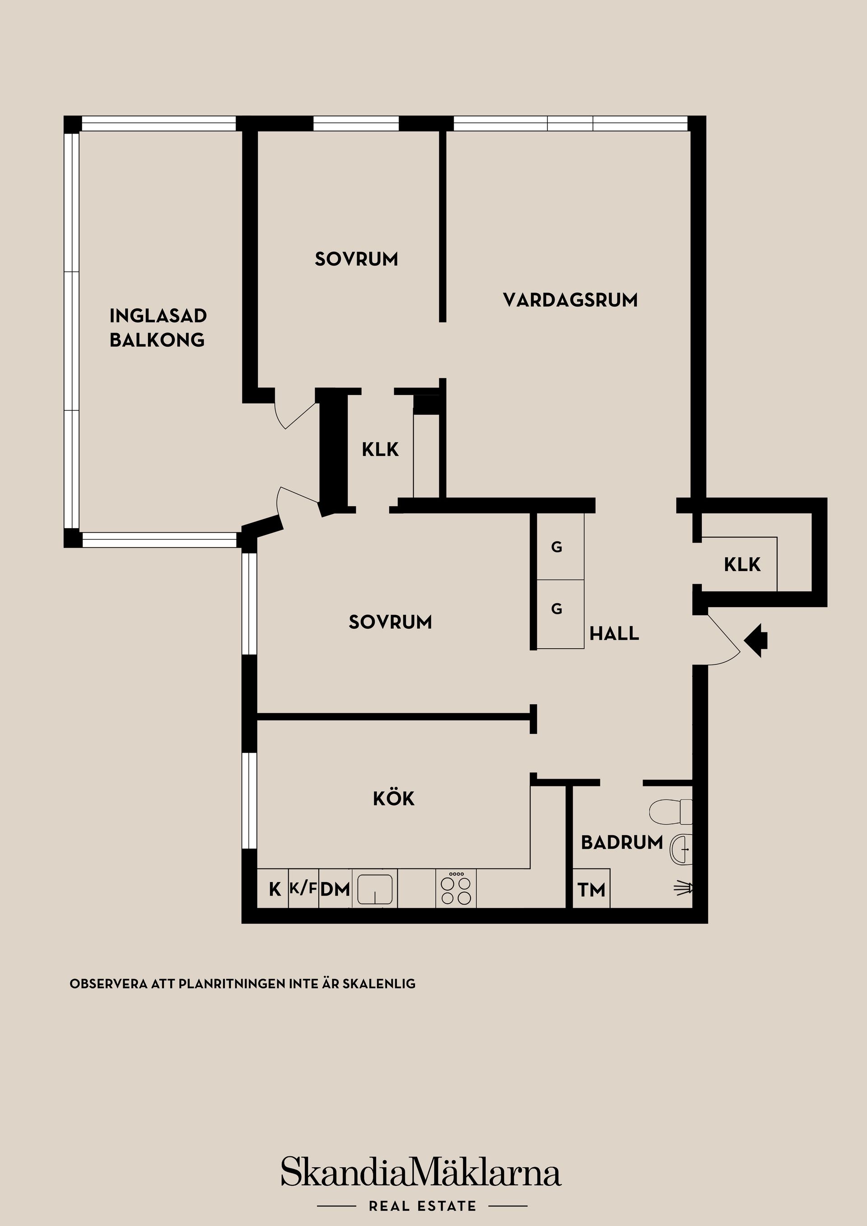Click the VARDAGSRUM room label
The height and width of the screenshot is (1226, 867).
tap(570, 300)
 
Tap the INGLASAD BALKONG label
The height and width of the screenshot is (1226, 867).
tap(158, 328)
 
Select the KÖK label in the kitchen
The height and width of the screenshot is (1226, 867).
tap(394, 799)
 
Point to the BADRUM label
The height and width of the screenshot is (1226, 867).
tap(622, 843)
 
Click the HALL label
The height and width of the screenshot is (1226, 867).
tap(614, 634)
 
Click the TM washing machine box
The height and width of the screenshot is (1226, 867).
tap(592, 890)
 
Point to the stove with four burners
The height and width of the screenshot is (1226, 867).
tap(456, 889)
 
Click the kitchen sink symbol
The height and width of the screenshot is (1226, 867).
tap(374, 889)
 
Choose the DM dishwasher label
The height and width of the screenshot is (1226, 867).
tap(336, 890)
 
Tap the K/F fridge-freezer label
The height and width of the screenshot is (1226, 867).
tap(303, 888)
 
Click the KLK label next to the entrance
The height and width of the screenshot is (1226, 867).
tap(742, 564)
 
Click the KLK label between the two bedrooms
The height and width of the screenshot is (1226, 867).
tap(380, 450)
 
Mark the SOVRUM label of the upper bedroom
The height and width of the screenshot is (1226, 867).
tap(356, 260)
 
